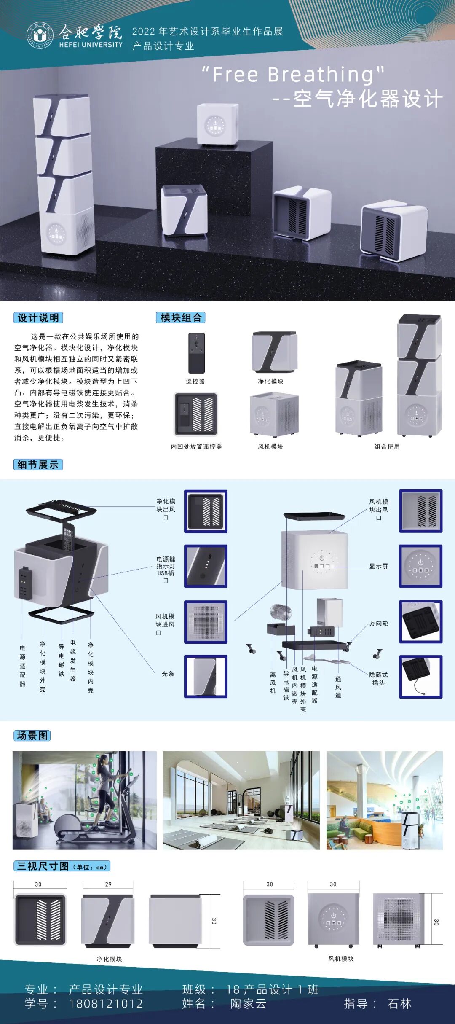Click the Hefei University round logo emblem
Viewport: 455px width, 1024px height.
coord(40,35)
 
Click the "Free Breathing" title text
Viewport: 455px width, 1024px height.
coord(293,75)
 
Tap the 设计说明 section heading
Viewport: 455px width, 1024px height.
coord(38,318)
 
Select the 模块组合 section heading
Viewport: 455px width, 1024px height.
coord(181,318)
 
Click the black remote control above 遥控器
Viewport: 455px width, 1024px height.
coord(196,353)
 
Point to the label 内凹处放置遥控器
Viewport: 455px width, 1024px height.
coord(196,446)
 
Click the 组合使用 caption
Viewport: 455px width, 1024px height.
coord(387,446)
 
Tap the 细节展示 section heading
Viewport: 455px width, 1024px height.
coord(38,465)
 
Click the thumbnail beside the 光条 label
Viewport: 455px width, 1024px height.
coord(206,676)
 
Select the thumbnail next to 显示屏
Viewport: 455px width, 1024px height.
coord(420,566)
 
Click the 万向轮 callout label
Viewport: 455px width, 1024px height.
coord(379,624)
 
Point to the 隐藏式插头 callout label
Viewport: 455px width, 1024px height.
coord(378,679)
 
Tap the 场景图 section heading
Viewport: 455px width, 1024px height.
coord(32,736)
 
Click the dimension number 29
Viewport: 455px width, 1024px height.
coord(108,884)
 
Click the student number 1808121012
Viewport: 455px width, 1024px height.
coord(106,1004)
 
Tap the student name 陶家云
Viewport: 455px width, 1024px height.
coord(249,1004)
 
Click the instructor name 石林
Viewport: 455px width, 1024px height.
coord(399,1004)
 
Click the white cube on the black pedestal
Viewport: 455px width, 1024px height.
coord(217,124)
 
